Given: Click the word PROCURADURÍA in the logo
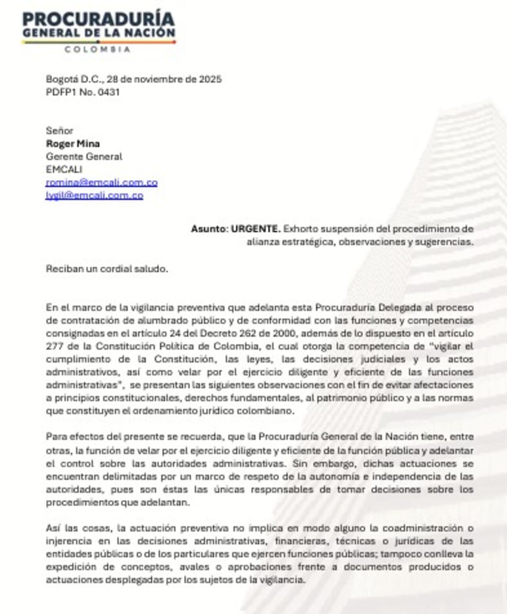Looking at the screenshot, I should click(x=98, y=19).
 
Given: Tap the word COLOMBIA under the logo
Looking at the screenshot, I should click(x=97, y=50).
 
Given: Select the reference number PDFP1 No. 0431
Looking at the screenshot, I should click(x=82, y=92).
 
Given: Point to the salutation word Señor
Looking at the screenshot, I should click(x=59, y=131).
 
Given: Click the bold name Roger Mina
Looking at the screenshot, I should click(x=73, y=144).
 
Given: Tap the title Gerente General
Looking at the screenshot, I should click(x=84, y=156).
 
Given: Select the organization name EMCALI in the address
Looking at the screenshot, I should click(x=64, y=170).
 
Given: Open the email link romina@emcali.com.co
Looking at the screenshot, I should click(x=101, y=183).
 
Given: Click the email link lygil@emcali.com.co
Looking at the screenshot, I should click(x=94, y=195).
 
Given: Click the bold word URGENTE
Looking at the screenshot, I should click(x=256, y=229).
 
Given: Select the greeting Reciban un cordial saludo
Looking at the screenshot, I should click(x=107, y=269).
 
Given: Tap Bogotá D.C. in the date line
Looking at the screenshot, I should click(x=74, y=79).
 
